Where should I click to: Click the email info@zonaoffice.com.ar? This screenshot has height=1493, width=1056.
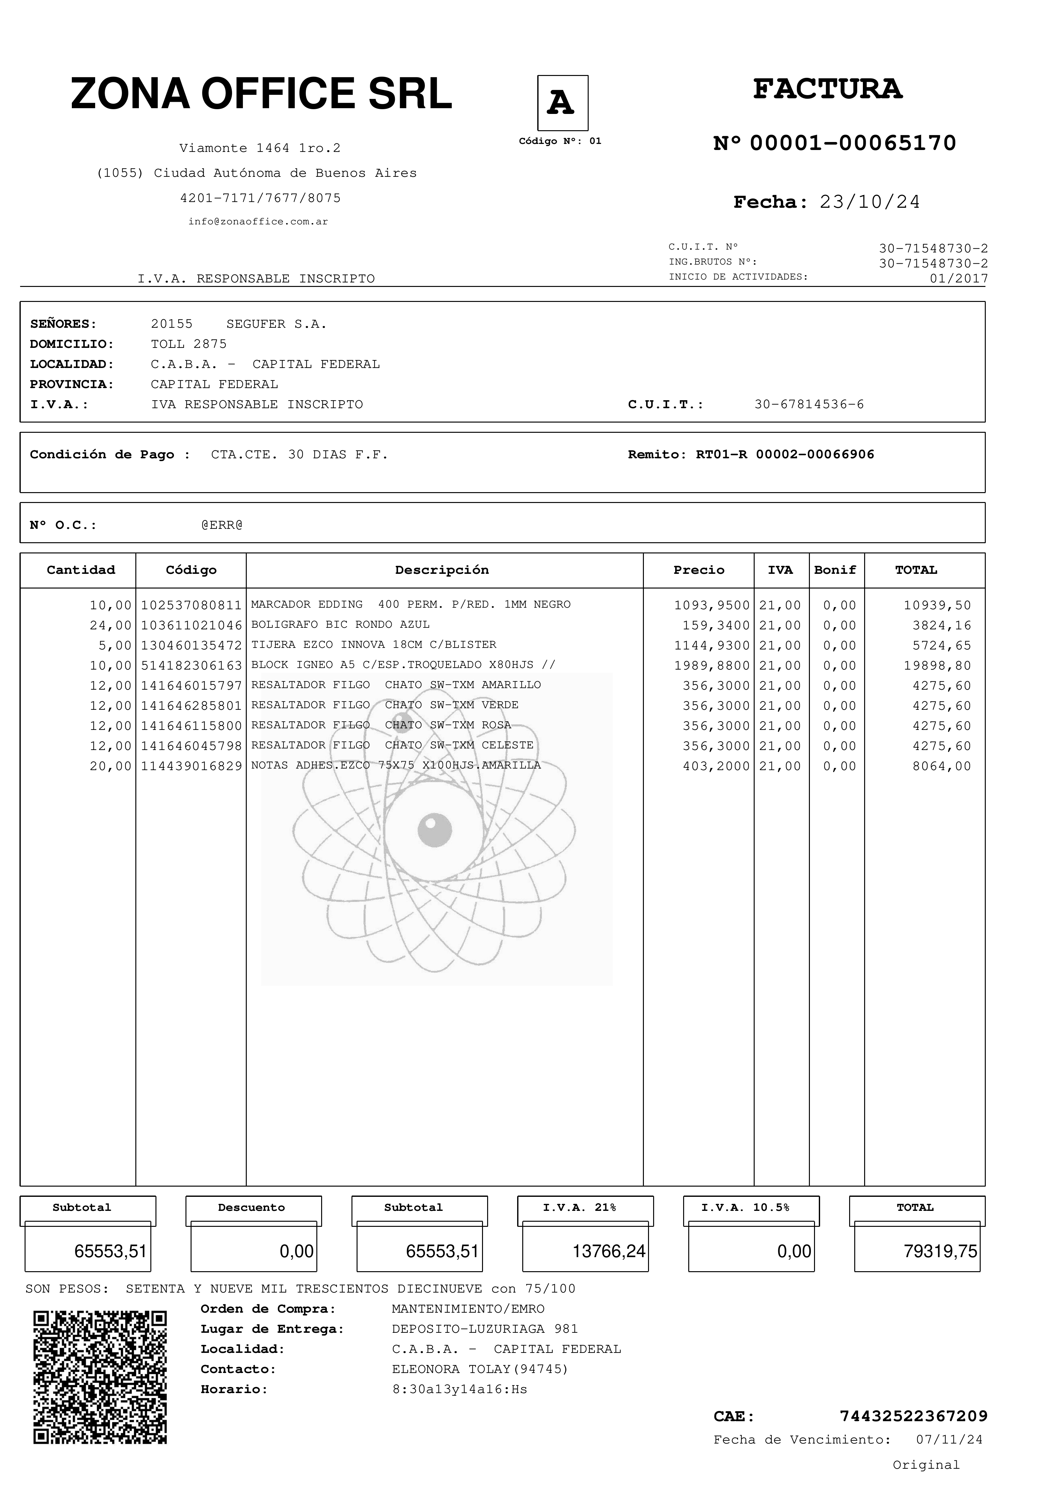[258, 222]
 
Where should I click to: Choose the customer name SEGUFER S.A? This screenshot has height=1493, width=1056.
[276, 324]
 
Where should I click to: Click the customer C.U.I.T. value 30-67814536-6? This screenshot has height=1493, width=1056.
[809, 404]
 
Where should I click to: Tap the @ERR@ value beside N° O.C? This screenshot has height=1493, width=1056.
[222, 525]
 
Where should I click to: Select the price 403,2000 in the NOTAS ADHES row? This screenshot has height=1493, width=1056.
[716, 766]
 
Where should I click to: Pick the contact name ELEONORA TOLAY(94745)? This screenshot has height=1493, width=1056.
[480, 1369]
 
